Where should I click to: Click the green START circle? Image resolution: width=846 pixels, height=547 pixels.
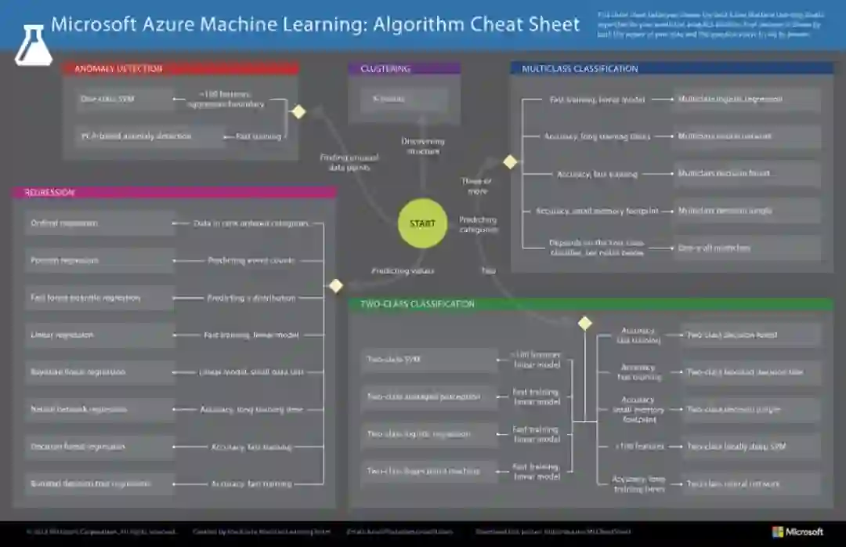click(422, 223)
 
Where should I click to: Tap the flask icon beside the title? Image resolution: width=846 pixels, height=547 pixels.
click(33, 45)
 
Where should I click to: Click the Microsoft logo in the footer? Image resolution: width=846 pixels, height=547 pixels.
click(798, 531)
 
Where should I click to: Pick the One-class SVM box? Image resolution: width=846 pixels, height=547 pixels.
click(125, 100)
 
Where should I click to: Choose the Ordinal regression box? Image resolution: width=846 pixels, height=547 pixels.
click(99, 223)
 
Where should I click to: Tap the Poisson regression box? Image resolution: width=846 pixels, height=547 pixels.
click(99, 260)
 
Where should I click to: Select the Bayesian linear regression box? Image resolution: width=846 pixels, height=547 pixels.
click(99, 372)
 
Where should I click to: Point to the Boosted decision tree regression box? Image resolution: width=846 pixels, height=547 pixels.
click(99, 484)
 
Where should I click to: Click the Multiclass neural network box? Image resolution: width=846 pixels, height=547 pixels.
click(747, 136)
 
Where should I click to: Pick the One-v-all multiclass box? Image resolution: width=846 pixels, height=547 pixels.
click(747, 248)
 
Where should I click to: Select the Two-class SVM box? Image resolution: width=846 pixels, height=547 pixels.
click(428, 360)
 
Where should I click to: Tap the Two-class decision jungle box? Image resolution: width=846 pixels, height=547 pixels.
click(750, 410)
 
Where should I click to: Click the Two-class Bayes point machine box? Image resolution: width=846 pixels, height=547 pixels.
click(428, 472)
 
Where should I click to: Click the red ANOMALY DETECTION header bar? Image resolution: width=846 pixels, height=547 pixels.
click(180, 69)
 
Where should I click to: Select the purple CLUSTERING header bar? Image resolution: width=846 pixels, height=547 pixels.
click(404, 69)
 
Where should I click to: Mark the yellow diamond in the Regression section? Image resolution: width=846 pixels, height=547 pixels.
click(336, 286)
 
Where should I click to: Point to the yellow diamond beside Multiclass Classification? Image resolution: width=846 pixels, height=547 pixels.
click(510, 162)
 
